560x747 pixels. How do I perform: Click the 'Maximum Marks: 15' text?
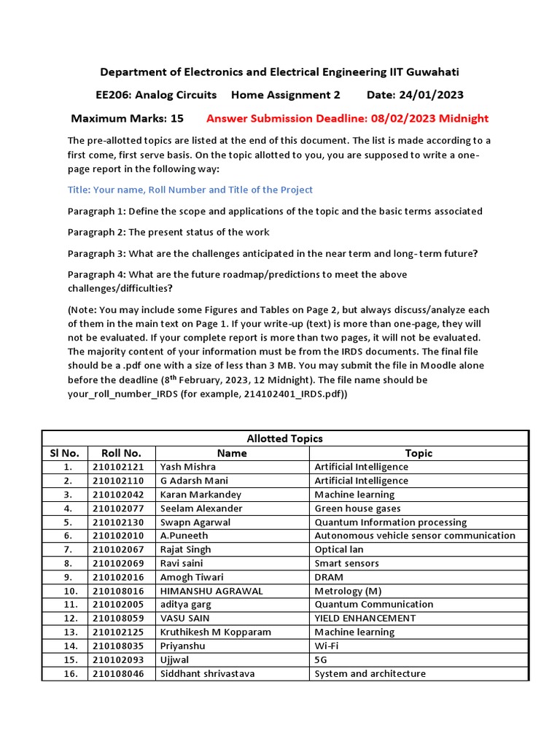[127, 118]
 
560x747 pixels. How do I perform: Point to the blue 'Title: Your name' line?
[190, 190]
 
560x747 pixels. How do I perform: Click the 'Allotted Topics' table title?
[284, 438]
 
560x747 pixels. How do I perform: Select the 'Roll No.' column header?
[122, 453]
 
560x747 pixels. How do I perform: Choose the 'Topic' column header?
[419, 453]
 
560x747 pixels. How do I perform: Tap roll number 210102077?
[122, 508]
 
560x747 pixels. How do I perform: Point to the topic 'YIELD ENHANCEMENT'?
[365, 618]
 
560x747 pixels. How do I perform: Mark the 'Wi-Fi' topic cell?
[326, 646]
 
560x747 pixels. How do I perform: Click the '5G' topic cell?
[322, 659]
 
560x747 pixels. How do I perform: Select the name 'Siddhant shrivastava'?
[208, 673]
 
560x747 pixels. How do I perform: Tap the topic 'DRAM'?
[328, 577]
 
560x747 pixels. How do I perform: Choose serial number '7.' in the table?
[67, 549]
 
